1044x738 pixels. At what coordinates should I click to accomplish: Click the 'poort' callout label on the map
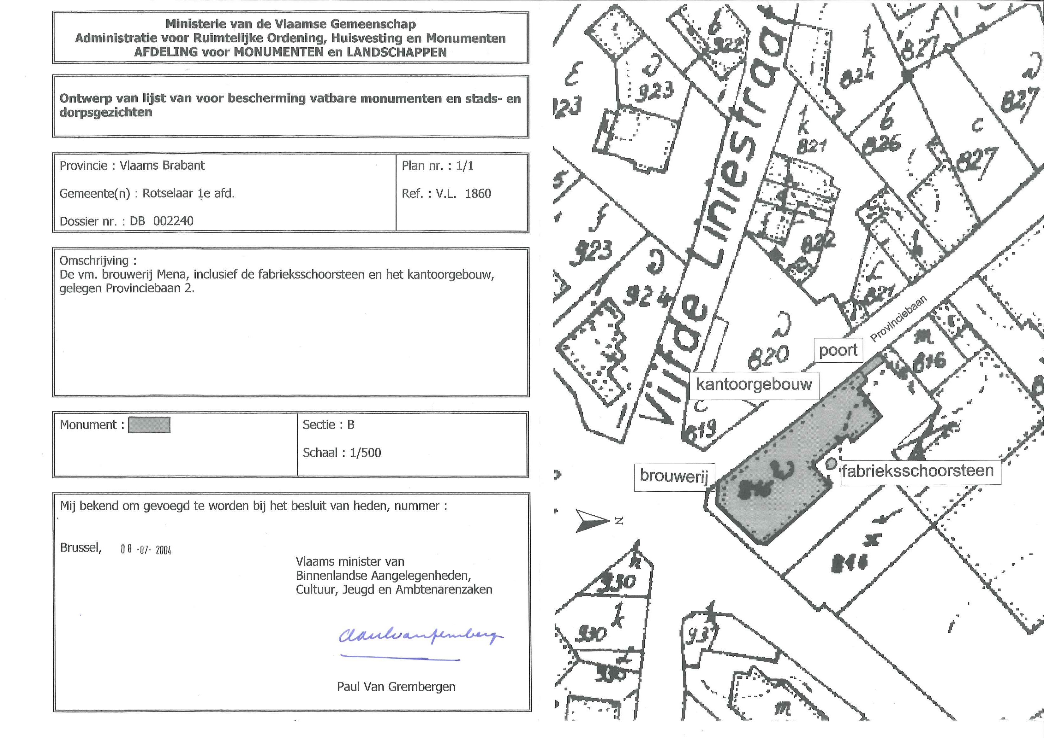click(838, 350)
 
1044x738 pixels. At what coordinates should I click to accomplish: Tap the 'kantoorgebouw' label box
click(754, 384)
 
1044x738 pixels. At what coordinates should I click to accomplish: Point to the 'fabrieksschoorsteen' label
click(917, 470)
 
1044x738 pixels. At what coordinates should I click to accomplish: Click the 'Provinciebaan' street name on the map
click(898, 319)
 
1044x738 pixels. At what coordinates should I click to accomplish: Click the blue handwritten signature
click(421, 635)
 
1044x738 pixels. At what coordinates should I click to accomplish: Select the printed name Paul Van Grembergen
click(396, 687)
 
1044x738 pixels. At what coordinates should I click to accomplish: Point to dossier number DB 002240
click(162, 221)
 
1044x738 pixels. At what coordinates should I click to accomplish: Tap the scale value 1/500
click(365, 453)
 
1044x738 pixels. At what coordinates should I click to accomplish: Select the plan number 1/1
click(465, 166)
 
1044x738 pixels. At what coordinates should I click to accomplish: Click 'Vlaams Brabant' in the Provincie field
click(162, 165)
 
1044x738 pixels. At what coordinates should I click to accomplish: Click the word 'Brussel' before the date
click(81, 547)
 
